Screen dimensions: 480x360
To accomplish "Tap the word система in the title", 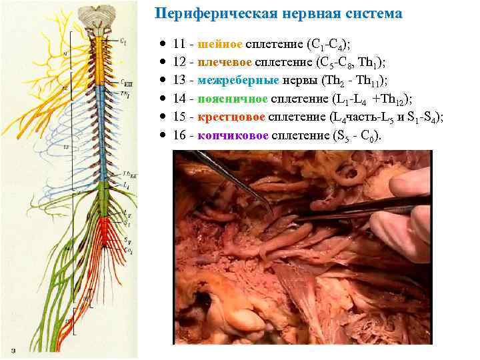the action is pyautogui.click(x=367, y=13).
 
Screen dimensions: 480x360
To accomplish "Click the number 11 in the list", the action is pyautogui.click(x=179, y=45).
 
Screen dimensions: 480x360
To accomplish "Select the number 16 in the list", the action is pyautogui.click(x=179, y=135).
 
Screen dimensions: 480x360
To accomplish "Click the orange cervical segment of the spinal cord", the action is pyautogui.click(x=100, y=60).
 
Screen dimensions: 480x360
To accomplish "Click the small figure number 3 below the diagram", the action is pyautogui.click(x=14, y=349).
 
